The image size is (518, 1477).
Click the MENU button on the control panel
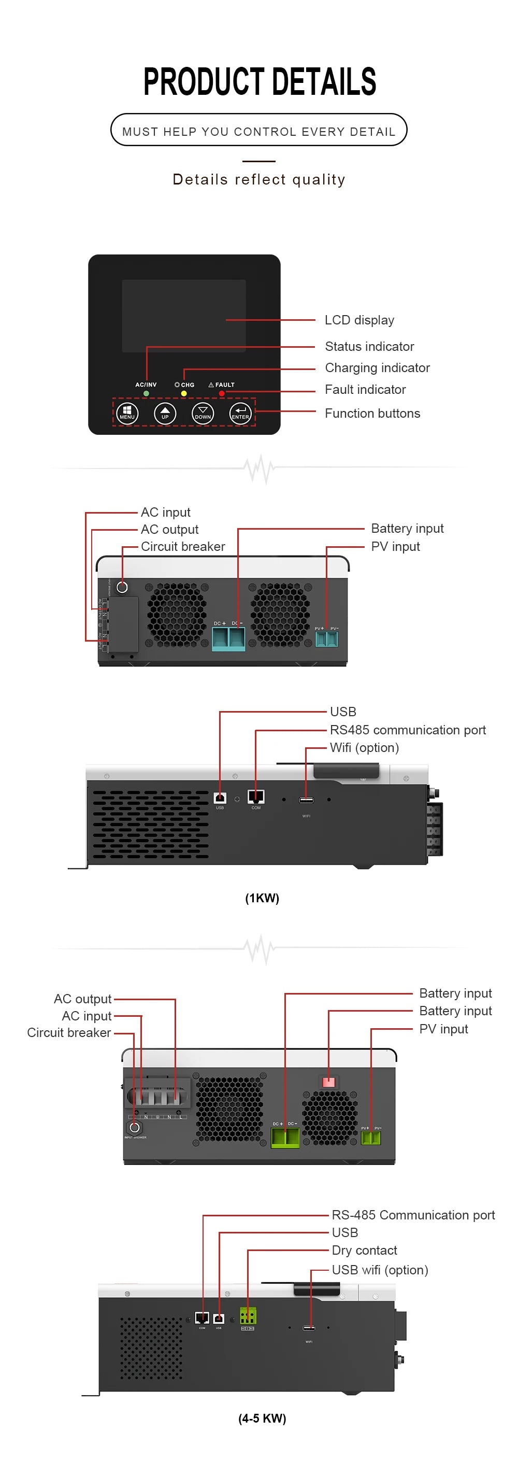tap(126, 413)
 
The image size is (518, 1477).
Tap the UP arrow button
tap(165, 413)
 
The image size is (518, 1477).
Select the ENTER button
tap(240, 413)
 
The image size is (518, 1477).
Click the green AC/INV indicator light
tap(146, 393)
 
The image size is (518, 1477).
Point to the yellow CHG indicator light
tap(183, 393)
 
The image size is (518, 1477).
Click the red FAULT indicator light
tap(222, 393)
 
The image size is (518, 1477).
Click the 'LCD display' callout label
tap(359, 320)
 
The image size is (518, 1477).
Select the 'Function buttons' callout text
tap(372, 414)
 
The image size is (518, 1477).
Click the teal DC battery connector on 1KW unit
tap(228, 638)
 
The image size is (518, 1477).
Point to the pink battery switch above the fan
tap(328, 1082)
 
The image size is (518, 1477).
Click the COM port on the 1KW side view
tap(255, 797)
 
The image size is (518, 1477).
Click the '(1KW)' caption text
tap(262, 898)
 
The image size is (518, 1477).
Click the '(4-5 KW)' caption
tap(262, 1418)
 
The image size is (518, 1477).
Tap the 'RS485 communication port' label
tap(408, 730)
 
